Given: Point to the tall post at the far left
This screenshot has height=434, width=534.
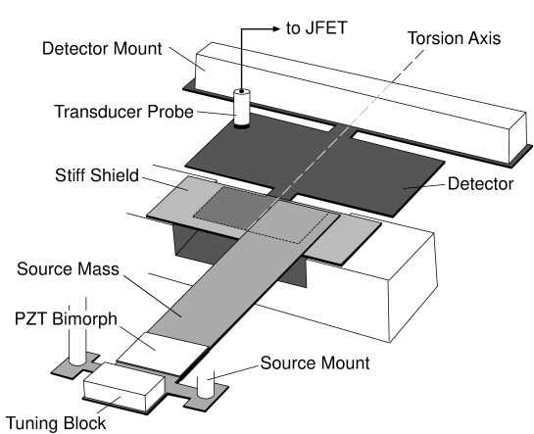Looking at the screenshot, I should pos(71,343).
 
